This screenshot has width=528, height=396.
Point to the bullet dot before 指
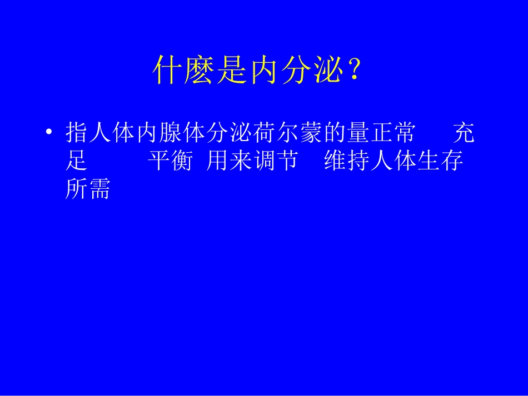[49, 133]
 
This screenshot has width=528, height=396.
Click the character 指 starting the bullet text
[76, 133]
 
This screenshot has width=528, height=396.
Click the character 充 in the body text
[464, 133]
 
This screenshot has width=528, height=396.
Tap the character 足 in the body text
[76, 162]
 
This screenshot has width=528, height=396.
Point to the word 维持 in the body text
[347, 162]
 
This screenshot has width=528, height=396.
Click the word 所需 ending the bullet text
[88, 190]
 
